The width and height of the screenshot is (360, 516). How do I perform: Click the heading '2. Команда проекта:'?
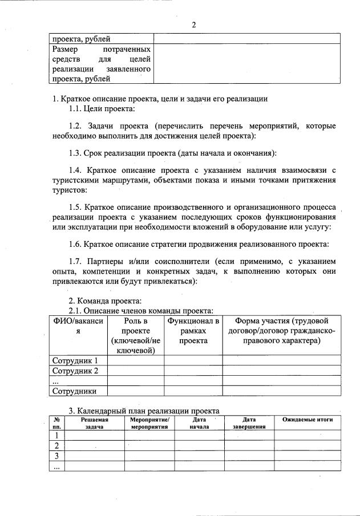click(x=105, y=300)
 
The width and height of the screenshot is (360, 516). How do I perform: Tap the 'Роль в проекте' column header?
click(x=136, y=335)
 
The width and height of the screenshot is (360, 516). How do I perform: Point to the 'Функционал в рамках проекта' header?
click(x=193, y=331)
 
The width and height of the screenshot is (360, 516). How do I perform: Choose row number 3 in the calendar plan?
click(x=56, y=456)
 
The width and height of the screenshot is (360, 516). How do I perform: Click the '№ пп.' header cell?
click(x=56, y=422)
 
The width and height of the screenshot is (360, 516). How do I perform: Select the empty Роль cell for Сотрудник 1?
click(x=136, y=360)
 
